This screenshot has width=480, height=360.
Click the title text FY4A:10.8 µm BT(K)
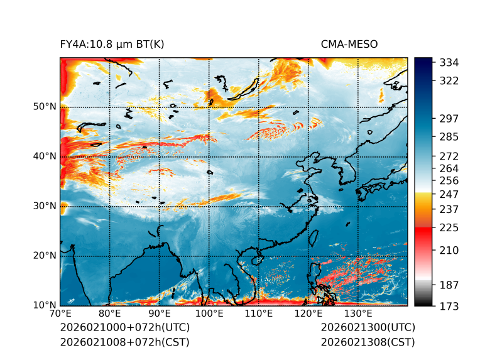112,44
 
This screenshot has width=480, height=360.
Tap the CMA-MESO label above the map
349,44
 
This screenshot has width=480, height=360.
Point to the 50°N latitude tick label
45,107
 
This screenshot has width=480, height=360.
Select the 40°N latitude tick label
45,156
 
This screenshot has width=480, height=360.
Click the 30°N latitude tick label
45,206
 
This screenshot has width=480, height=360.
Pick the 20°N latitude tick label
45,256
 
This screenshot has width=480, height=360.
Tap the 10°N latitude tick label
45,305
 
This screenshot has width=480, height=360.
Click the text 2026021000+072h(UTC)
124,328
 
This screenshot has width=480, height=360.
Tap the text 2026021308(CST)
368,342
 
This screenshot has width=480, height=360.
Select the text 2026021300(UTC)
368,328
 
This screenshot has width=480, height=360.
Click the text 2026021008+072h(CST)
124,342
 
